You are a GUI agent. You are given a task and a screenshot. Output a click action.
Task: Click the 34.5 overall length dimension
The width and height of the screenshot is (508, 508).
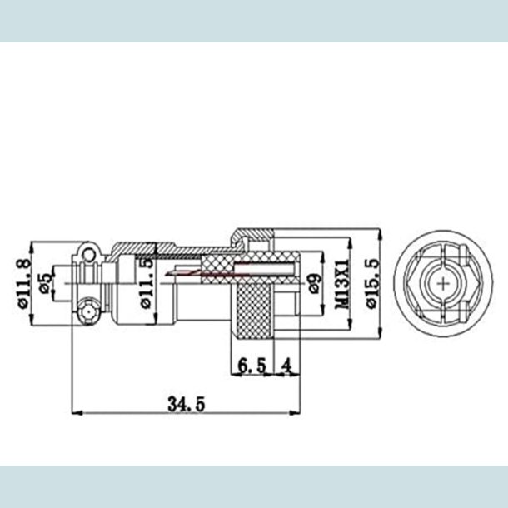point(186,404)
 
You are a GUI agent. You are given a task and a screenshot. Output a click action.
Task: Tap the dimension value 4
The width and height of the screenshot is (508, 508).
point(286,365)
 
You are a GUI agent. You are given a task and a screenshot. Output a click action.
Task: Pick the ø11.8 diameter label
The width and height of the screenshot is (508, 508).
point(24,283)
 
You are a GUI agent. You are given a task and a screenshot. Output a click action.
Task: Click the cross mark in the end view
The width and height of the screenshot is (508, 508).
point(441,283)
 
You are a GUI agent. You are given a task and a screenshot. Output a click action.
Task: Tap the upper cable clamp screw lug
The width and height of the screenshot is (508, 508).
point(87,252)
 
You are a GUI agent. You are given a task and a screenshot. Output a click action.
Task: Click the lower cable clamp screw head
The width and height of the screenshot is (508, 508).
point(87,313)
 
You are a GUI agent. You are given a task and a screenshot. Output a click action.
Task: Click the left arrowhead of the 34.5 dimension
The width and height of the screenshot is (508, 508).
point(77,412)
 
